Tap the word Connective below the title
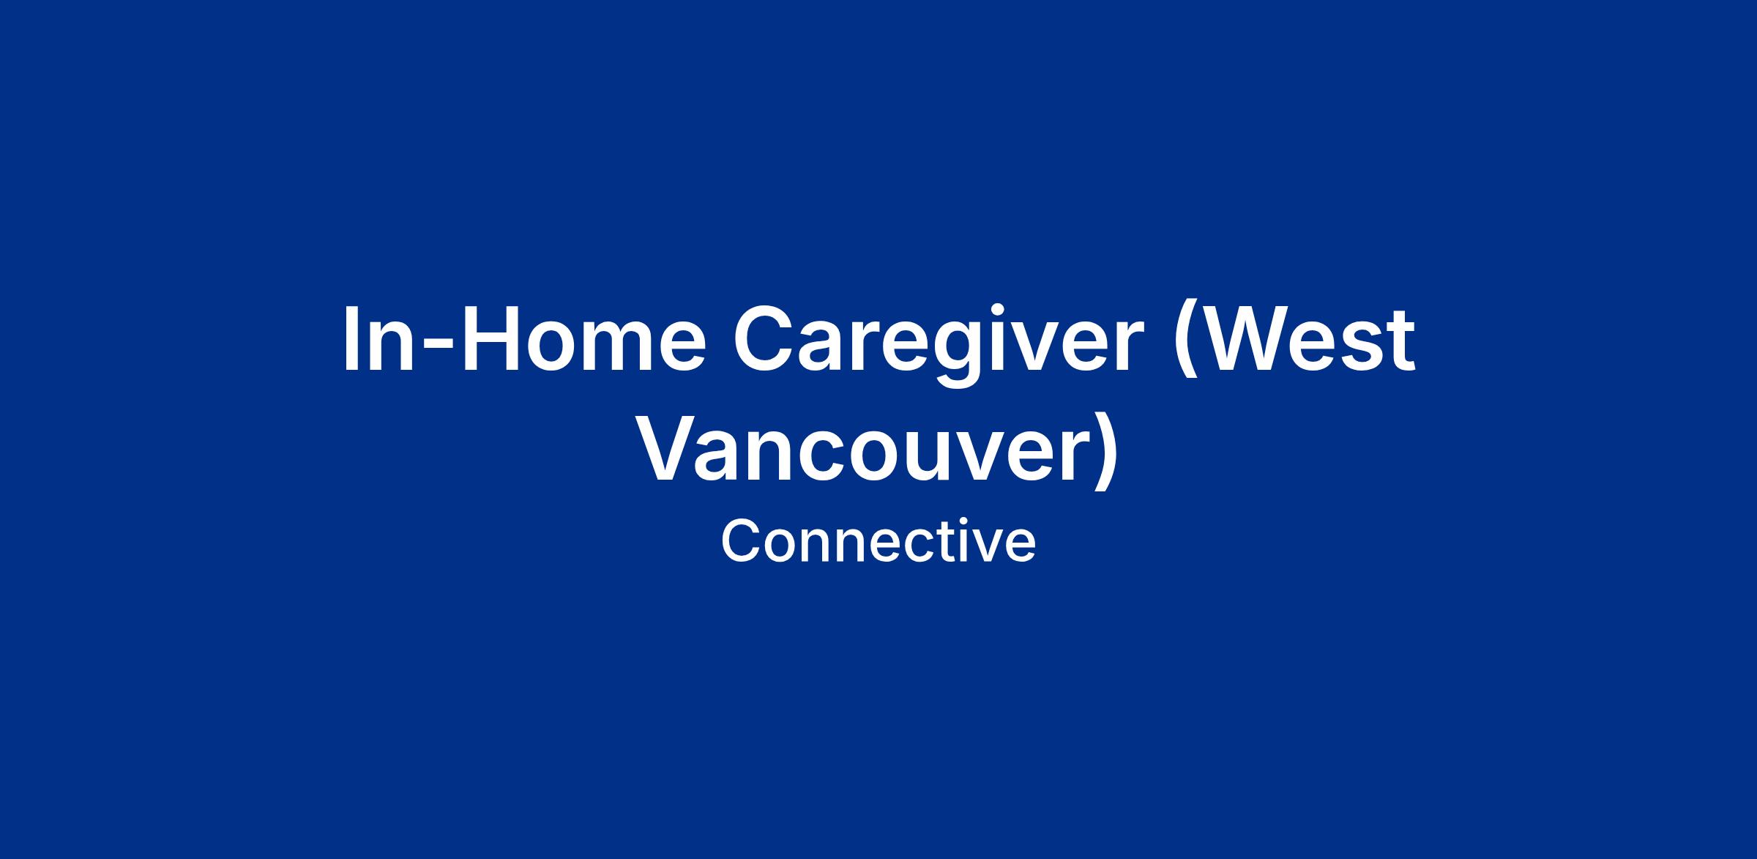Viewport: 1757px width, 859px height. [x=878, y=541]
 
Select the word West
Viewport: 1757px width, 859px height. [x=1306, y=338]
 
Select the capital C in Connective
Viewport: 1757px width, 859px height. [x=741, y=541]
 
